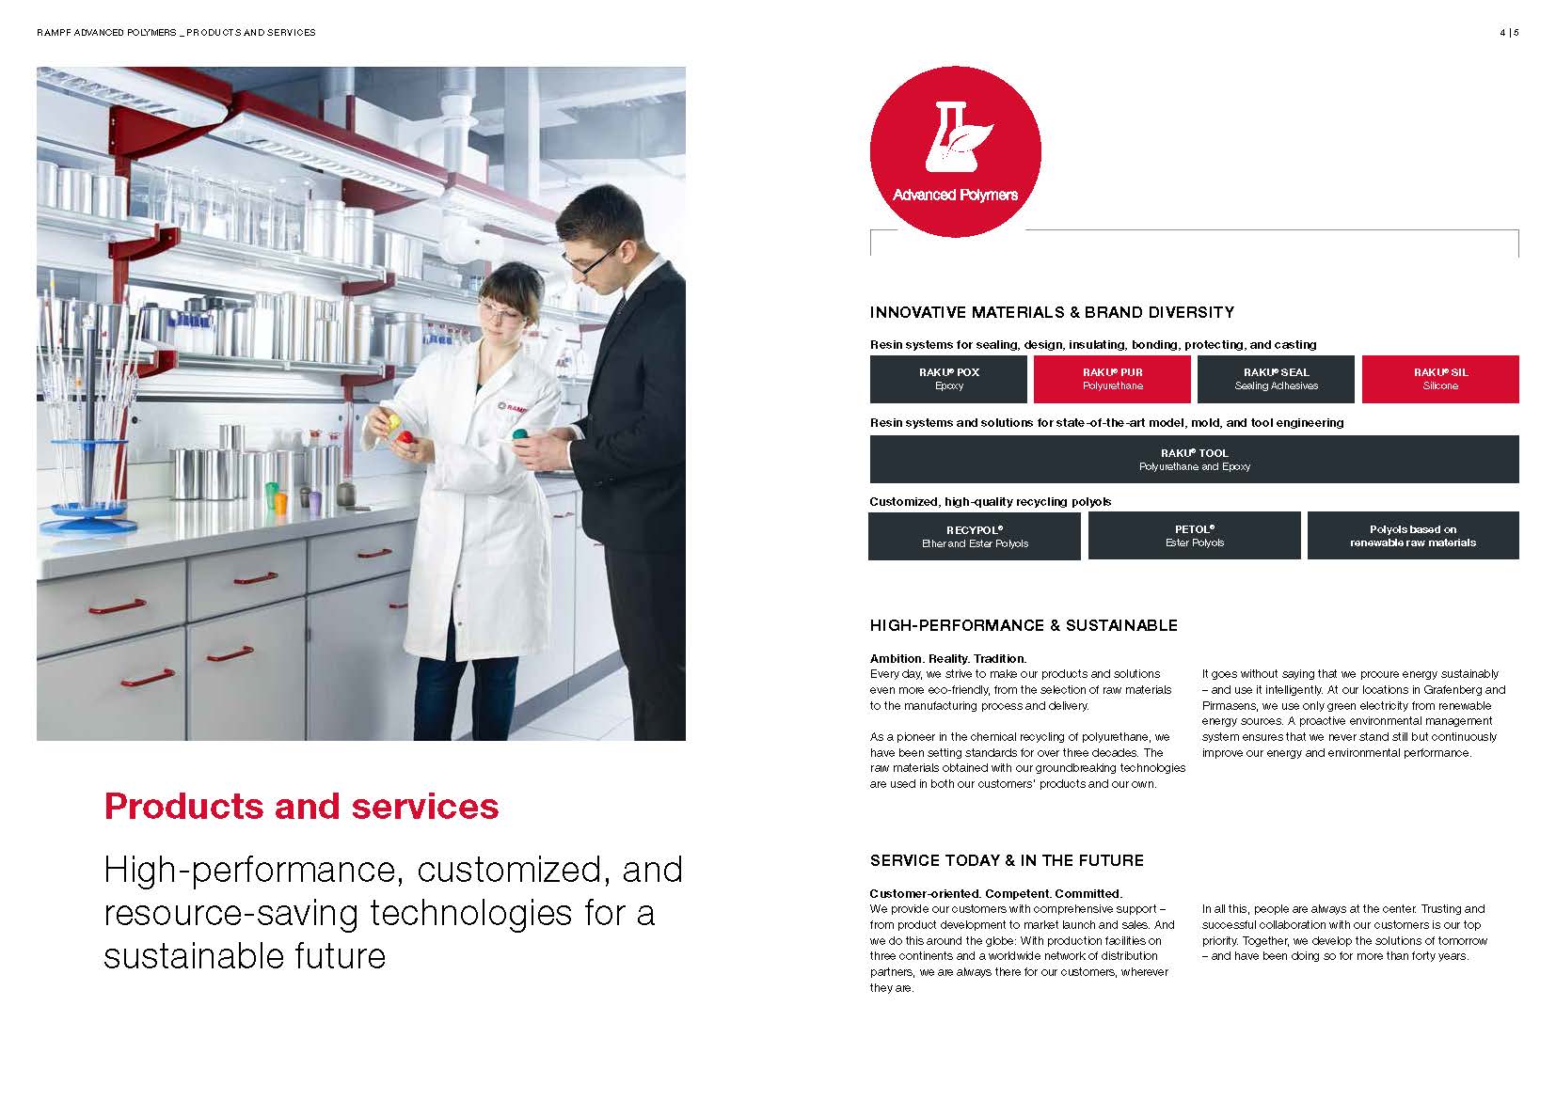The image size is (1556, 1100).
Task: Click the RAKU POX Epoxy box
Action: [x=948, y=379]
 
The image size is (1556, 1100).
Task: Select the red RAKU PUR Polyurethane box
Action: [x=1112, y=379]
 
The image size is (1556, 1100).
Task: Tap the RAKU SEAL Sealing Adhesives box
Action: [x=1276, y=379]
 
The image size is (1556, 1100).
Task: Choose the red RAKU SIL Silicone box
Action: [x=1440, y=379]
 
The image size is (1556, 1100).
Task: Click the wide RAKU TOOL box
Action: [x=1194, y=460]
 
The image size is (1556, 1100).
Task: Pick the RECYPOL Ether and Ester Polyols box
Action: [x=975, y=536]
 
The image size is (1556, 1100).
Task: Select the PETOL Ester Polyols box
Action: [x=1194, y=536]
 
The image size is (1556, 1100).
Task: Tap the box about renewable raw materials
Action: [x=1413, y=536]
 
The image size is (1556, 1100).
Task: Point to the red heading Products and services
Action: [x=301, y=807]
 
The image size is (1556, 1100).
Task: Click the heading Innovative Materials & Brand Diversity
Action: [x=1052, y=312]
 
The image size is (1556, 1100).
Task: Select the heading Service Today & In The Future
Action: [x=1007, y=860]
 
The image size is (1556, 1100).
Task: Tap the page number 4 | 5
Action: [x=1510, y=33]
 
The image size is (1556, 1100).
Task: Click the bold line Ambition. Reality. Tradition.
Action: [x=948, y=659]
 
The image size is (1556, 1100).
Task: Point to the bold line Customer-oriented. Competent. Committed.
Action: [x=996, y=894]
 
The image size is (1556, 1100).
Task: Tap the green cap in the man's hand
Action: [x=520, y=435]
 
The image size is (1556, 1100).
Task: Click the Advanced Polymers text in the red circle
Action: [x=955, y=195]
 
